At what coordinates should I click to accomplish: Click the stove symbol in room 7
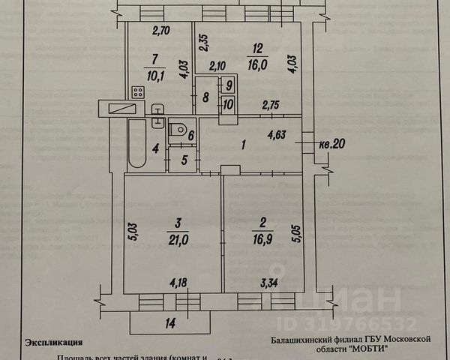click(x=138, y=92)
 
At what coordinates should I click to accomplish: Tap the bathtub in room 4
click(x=136, y=142)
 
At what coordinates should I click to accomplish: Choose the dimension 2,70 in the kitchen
click(x=162, y=31)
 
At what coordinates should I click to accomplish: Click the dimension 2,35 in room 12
click(x=202, y=41)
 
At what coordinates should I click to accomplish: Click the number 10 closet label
click(x=228, y=103)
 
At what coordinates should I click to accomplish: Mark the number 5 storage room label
click(x=184, y=159)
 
